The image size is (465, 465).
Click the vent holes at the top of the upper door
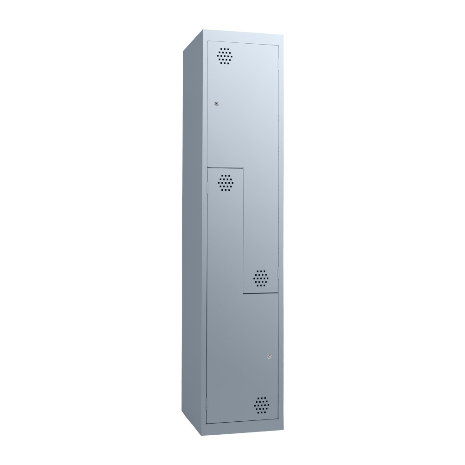click(x=225, y=56)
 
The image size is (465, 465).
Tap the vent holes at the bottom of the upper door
click(x=261, y=278)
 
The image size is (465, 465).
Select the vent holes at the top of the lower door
click(x=226, y=183)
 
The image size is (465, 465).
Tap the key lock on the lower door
click(x=270, y=357)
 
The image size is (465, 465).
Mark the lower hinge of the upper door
click(x=279, y=271)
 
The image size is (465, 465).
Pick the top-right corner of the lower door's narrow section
click(x=243, y=168)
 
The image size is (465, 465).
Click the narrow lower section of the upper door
click(x=261, y=223)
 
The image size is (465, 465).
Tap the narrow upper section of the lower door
click(x=226, y=232)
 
